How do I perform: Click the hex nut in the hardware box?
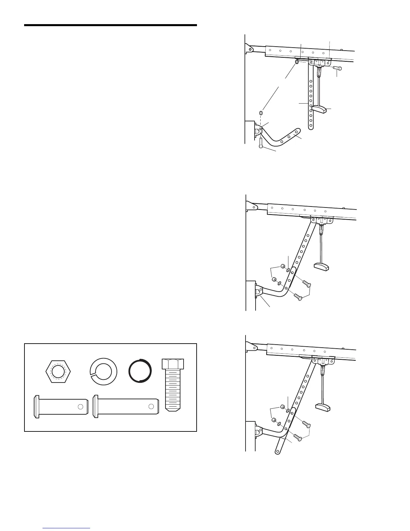59,372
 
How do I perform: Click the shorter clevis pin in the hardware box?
60,407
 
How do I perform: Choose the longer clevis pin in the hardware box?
126,407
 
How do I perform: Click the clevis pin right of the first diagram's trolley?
337,68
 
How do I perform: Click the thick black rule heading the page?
110,25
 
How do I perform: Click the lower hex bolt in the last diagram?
298,437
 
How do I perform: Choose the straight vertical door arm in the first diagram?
311,101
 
